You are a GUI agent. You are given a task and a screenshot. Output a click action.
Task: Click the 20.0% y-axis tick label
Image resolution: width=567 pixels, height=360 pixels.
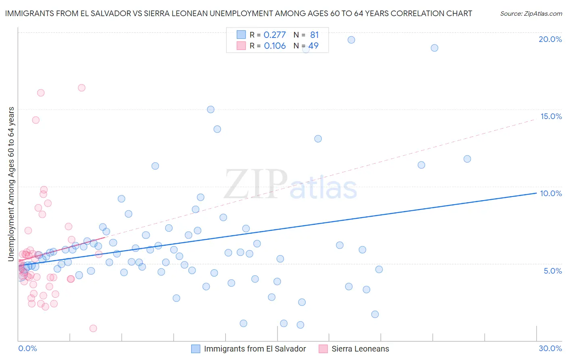click(550, 39)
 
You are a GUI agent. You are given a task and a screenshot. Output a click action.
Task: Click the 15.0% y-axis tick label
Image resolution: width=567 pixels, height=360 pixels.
click(551, 116)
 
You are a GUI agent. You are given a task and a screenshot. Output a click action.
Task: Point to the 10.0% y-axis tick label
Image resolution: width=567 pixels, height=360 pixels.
click(551, 193)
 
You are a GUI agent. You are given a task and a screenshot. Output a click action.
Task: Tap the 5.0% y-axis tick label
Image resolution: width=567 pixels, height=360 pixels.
click(552, 271)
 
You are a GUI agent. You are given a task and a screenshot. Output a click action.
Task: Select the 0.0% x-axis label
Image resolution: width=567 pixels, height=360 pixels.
click(27, 349)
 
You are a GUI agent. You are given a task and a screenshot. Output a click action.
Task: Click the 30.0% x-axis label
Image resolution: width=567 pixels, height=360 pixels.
click(550, 349)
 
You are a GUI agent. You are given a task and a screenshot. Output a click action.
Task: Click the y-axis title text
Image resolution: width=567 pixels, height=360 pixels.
click(11, 184)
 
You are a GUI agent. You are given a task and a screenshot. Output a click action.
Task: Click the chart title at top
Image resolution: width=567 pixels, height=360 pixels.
click(238, 14)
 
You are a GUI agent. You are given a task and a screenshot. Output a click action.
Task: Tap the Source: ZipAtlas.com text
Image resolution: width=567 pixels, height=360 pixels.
click(531, 14)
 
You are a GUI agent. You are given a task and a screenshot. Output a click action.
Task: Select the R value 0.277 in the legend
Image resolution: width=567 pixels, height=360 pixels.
click(274, 35)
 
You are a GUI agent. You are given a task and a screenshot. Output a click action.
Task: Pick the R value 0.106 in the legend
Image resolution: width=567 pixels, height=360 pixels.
click(275, 46)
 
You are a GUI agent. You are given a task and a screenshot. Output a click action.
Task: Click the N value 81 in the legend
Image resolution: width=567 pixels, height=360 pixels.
click(314, 35)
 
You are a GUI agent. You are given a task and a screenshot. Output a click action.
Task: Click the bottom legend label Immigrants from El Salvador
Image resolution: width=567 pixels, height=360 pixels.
click(255, 349)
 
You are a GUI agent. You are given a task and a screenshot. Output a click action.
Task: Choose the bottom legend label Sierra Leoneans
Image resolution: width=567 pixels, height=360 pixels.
click(360, 349)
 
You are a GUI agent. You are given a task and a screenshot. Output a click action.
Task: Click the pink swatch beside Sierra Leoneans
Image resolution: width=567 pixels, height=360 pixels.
click(323, 349)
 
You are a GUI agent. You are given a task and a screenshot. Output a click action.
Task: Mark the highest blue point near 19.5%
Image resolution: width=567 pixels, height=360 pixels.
click(351, 40)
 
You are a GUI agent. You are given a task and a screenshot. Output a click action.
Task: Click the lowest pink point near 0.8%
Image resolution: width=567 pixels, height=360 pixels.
click(93, 329)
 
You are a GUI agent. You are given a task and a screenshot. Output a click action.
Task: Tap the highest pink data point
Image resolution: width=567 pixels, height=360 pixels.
click(81, 88)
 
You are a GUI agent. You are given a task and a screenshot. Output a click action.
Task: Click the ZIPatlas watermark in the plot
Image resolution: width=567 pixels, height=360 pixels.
click(290, 184)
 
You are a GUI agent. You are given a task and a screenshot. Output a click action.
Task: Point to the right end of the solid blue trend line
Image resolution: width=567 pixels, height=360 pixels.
click(536, 193)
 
